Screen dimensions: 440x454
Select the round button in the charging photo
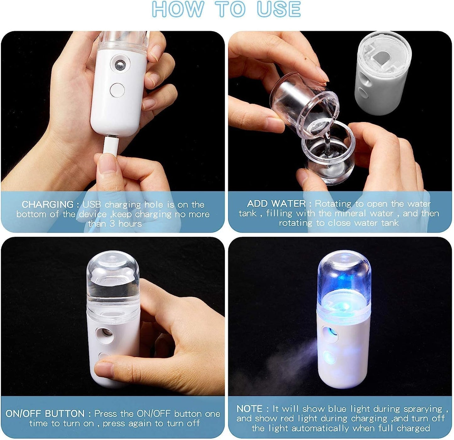click(x=117, y=90)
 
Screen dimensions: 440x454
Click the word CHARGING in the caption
click(x=47, y=205)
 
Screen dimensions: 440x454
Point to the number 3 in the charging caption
click(x=112, y=224)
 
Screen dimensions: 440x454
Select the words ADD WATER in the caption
click(x=276, y=204)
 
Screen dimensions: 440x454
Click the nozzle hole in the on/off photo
click(x=105, y=333)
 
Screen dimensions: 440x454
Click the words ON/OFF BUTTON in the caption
click(x=45, y=414)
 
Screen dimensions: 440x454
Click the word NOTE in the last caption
click(x=249, y=409)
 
